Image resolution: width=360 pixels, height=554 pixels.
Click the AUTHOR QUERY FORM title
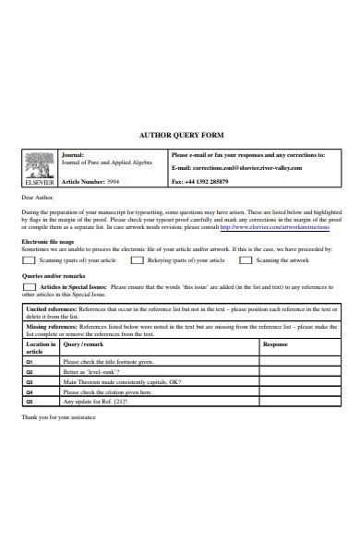point(180,134)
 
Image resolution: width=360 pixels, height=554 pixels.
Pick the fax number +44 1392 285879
point(214,182)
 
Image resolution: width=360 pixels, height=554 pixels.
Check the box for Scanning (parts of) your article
point(30,260)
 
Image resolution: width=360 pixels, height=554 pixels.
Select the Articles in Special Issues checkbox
point(30,286)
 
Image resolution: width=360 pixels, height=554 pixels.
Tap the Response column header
point(275,343)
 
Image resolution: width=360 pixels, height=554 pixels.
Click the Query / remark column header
point(84,343)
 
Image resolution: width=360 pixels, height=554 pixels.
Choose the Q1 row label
point(30,362)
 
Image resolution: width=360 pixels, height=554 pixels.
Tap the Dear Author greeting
point(38,197)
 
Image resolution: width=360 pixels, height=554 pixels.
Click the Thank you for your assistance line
point(59,416)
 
